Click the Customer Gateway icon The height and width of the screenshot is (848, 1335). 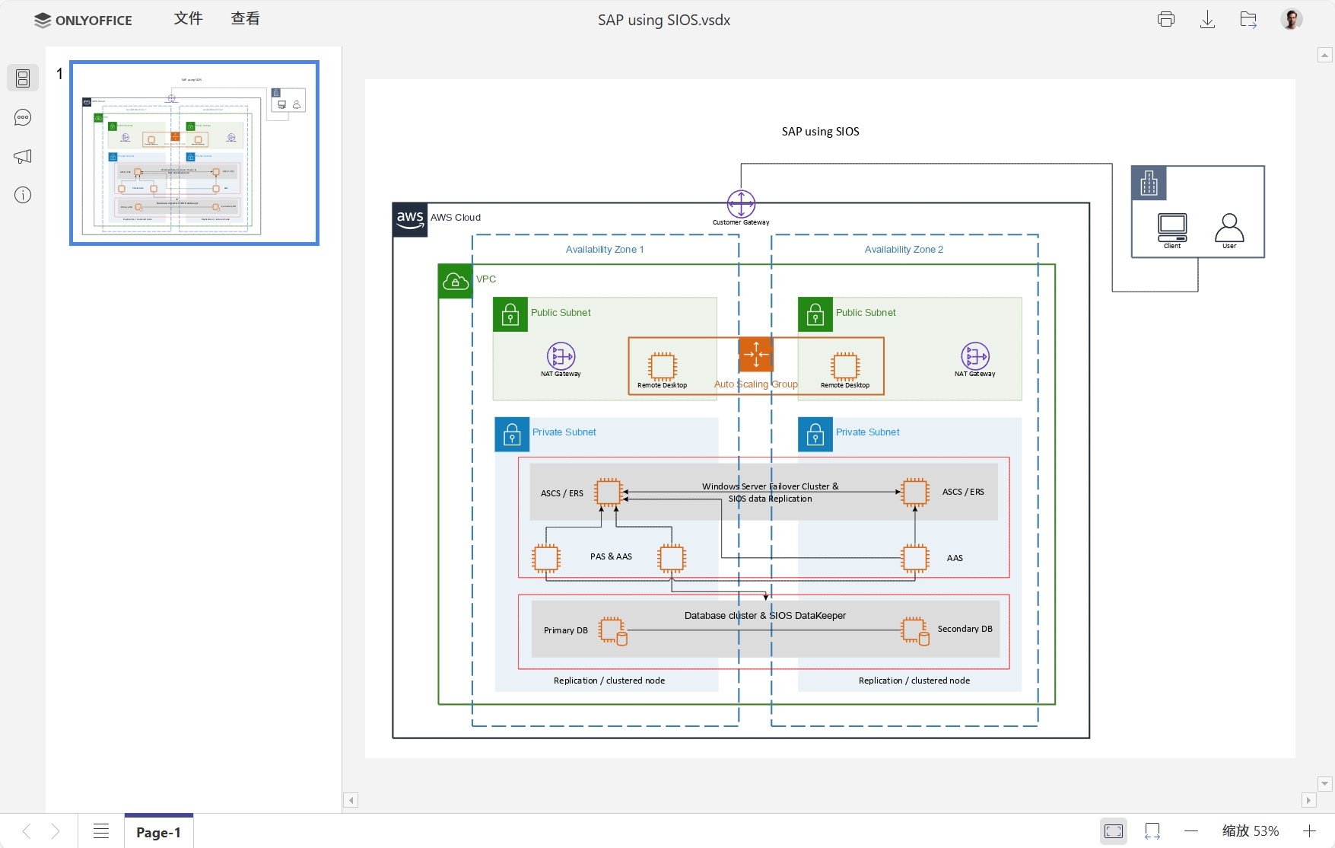(x=741, y=204)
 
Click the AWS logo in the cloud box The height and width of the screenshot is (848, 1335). (x=410, y=219)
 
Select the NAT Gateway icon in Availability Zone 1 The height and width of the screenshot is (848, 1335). (x=561, y=355)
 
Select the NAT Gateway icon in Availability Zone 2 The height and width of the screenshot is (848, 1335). (x=975, y=355)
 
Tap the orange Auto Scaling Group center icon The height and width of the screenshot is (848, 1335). (x=755, y=354)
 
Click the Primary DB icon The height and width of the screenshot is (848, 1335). (x=612, y=630)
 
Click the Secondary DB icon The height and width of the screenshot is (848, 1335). (x=914, y=630)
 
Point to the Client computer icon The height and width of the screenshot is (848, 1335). (x=1172, y=227)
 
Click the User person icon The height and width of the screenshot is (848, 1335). (x=1229, y=227)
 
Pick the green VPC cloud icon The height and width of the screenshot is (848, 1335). (x=455, y=282)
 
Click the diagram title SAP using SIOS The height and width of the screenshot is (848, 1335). (x=820, y=132)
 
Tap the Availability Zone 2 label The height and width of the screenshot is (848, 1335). (x=904, y=250)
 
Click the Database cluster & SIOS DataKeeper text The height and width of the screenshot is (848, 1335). (x=764, y=615)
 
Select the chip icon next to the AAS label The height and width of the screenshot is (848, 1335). (x=915, y=558)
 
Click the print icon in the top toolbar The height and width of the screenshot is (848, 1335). (x=1165, y=20)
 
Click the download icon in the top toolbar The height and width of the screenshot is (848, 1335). (x=1207, y=20)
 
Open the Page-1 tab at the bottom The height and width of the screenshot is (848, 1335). (x=158, y=832)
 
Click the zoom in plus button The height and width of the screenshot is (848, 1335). (x=1309, y=831)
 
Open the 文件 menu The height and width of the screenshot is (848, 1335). (x=188, y=19)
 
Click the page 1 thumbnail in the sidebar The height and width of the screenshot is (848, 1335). (x=194, y=153)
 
